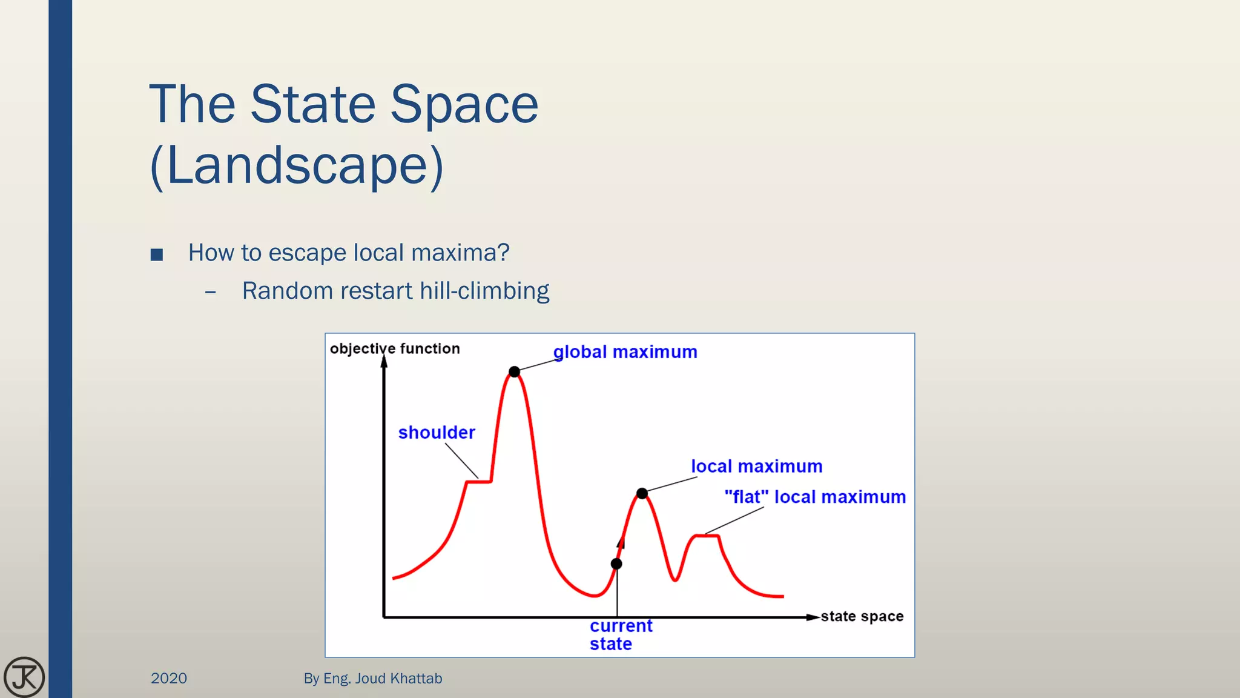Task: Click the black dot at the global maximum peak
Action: [514, 371]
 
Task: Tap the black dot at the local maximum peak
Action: [642, 493]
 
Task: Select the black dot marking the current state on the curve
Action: [616, 563]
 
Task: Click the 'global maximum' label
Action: [625, 352]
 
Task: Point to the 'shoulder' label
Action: [437, 433]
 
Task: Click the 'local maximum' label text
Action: [756, 467]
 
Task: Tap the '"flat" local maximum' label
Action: [815, 497]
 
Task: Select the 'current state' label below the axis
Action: [620, 634]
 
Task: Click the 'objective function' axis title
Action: [395, 349]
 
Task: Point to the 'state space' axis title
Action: [862, 617]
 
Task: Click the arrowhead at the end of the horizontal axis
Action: [813, 617]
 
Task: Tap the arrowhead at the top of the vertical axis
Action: [384, 362]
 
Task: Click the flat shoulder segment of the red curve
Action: [478, 482]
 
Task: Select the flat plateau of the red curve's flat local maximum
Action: [707, 535]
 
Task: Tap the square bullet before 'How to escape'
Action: [157, 254]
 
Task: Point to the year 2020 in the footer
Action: [169, 678]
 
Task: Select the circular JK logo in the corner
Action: [24, 677]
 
